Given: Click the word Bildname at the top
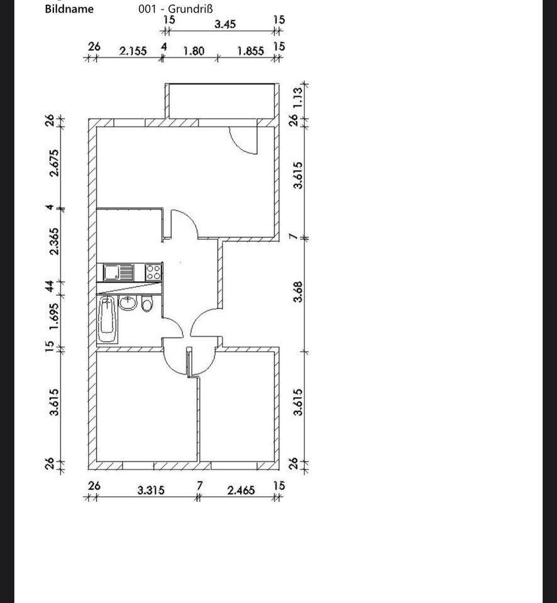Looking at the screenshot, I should (x=69, y=9).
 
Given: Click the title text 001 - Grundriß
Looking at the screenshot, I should (x=175, y=9).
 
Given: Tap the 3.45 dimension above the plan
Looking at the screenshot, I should (x=224, y=24).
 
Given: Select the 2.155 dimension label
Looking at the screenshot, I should (x=133, y=51).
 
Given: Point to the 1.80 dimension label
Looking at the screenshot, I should (x=193, y=51).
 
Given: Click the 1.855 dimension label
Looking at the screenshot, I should (x=250, y=51).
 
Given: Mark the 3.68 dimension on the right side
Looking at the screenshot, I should (x=298, y=291).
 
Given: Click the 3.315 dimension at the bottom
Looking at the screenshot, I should (x=152, y=490).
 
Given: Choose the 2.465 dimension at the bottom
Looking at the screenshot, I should (x=241, y=490).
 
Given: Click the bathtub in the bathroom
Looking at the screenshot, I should (x=108, y=320).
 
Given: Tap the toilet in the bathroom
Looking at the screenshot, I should (x=146, y=305).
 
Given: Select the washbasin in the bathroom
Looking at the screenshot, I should (x=128, y=303).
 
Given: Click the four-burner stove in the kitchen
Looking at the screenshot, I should (x=153, y=273).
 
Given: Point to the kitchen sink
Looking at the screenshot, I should (x=113, y=273).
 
